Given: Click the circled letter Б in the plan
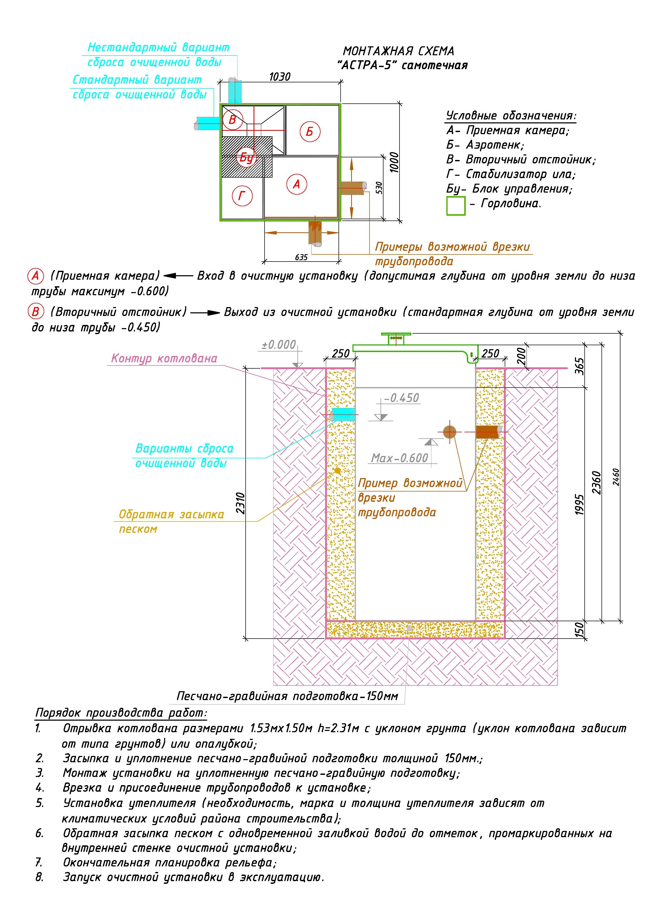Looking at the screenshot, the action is tap(310, 132).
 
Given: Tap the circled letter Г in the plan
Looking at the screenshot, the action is tap(242, 196).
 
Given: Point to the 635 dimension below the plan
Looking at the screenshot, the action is tap(301, 257).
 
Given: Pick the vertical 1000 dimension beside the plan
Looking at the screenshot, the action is tap(395, 162).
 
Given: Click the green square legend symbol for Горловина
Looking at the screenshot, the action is tap(456, 206).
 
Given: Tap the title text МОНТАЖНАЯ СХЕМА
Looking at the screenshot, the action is tap(398, 51).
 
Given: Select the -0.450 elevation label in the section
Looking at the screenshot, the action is tap(401, 398).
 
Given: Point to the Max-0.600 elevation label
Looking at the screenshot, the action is tap(400, 458).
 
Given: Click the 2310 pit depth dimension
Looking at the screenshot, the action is tap(240, 503).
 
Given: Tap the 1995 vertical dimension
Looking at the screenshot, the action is tap(579, 504).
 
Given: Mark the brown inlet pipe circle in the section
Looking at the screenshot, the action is tap(450, 432).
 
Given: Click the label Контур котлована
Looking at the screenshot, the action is tap(164, 358).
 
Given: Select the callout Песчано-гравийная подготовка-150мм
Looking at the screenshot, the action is tap(288, 696).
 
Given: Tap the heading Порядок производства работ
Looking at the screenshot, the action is tap(121, 713).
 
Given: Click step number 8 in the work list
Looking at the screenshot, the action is tap(39, 877).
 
